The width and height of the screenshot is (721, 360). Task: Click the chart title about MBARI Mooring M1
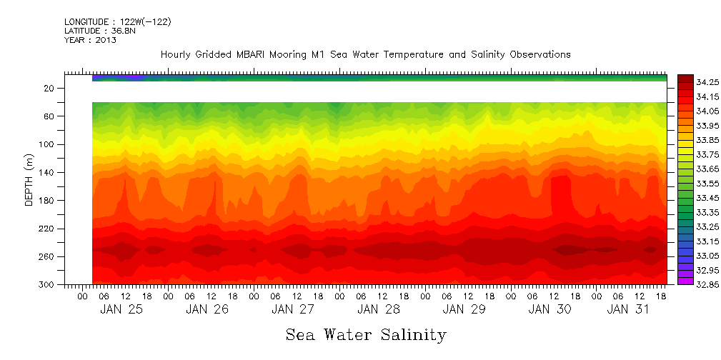365,54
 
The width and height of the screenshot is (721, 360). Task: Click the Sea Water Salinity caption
366,334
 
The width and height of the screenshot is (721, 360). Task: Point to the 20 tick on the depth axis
49,89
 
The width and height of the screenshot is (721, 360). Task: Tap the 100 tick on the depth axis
47,144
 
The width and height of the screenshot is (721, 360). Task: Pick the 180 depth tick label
47,201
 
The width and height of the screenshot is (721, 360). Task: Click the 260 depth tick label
47,257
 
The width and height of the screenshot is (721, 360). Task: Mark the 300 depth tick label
47,285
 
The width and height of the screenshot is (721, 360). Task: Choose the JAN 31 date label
627,309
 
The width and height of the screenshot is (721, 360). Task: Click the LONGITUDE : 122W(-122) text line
117,22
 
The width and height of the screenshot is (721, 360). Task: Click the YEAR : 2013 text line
90,41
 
